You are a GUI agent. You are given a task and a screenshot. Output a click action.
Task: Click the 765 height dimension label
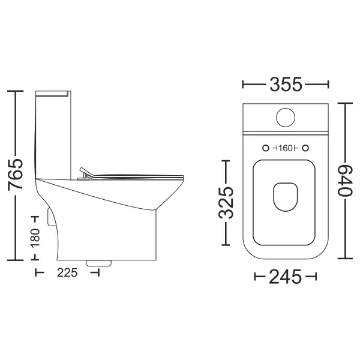click(x=16, y=174)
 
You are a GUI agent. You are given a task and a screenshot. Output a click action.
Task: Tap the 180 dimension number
click(x=35, y=238)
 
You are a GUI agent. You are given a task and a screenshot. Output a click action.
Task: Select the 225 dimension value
click(x=67, y=273)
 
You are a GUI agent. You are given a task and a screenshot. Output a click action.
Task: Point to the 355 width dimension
click(x=286, y=84)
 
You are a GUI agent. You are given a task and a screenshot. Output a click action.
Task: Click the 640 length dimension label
click(x=344, y=181)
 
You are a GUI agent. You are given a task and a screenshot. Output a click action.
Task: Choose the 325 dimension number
click(x=226, y=203)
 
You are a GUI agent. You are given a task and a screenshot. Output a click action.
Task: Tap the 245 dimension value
click(x=285, y=277)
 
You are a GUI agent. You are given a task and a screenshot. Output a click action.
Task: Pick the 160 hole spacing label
click(x=286, y=148)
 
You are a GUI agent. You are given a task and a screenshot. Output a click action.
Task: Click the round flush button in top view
click(x=286, y=118)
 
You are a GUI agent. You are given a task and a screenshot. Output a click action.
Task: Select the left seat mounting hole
click(x=266, y=148)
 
